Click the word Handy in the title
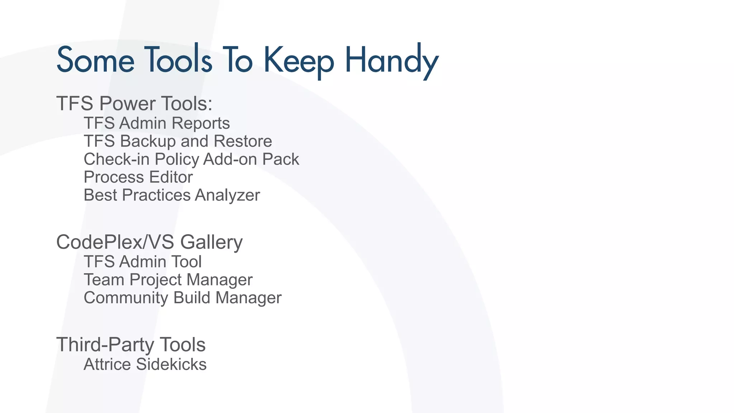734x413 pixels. pyautogui.click(x=391, y=60)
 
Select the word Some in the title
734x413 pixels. pyautogui.click(x=95, y=60)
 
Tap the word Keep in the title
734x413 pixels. pyautogui.click(x=299, y=60)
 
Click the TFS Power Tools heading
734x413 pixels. pyautogui.click(x=134, y=103)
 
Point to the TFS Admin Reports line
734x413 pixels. pyautogui.click(x=157, y=123)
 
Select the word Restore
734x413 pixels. pyautogui.click(x=243, y=141)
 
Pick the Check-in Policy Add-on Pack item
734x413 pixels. pyautogui.click(x=191, y=159)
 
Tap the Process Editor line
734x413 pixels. pyautogui.click(x=138, y=177)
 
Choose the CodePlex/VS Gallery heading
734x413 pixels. pyautogui.click(x=149, y=242)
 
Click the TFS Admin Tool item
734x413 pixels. pyautogui.click(x=143, y=262)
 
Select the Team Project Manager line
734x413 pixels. pyautogui.click(x=168, y=280)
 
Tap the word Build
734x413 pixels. pyautogui.click(x=192, y=298)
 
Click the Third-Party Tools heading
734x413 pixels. pyautogui.click(x=131, y=345)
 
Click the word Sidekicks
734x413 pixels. pyautogui.click(x=171, y=364)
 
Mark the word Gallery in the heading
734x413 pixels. pyautogui.click(x=211, y=242)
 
